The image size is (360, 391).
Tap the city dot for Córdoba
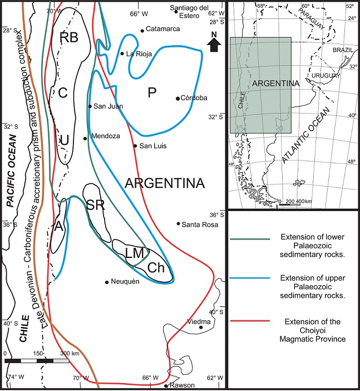pyautogui.click(x=178, y=99)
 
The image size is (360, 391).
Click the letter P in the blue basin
pyautogui.click(x=151, y=93)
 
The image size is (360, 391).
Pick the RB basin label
pyautogui.click(x=70, y=38)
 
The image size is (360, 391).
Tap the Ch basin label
pyautogui.click(x=156, y=268)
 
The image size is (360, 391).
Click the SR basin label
pyautogui.click(x=96, y=205)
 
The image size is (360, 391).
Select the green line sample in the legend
pyautogui.click(x=249, y=239)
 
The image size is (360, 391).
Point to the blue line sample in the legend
pyautogui.click(x=249, y=277)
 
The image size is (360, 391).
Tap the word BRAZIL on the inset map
pyautogui.click(x=343, y=50)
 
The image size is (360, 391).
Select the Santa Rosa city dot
pyautogui.click(x=179, y=224)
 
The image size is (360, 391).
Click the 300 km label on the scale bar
pyautogui.click(x=70, y=354)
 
